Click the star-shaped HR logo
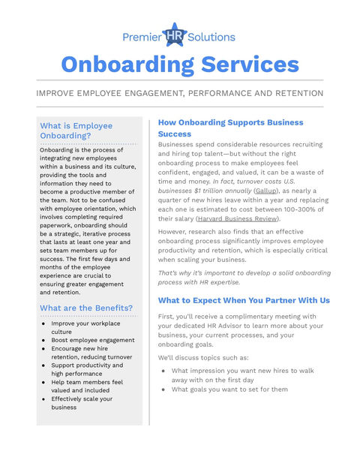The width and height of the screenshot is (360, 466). pyautogui.click(x=175, y=35)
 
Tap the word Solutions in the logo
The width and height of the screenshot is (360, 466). pyautogui.click(x=212, y=37)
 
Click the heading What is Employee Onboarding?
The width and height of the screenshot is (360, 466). pyautogui.click(x=76, y=131)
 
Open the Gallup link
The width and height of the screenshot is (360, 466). pyautogui.click(x=266, y=191)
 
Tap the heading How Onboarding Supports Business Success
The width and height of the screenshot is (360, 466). pyautogui.click(x=230, y=128)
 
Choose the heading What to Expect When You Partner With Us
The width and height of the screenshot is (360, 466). pyautogui.click(x=244, y=300)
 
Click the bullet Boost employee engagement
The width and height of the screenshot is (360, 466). pyautogui.click(x=93, y=340)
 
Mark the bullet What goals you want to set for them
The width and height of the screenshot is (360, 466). pyautogui.click(x=229, y=389)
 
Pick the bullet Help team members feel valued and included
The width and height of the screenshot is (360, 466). pyautogui.click(x=88, y=386)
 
